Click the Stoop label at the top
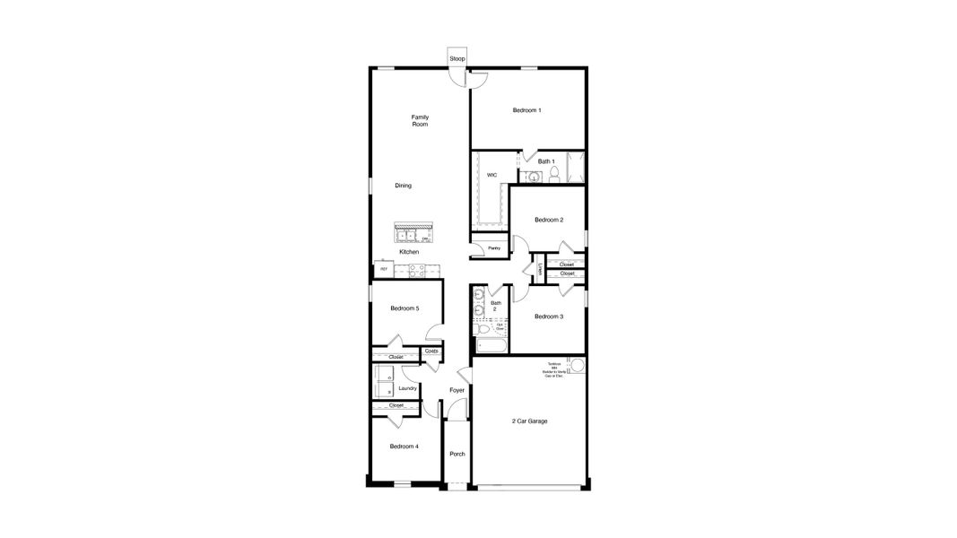point(457,58)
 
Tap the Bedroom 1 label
point(526,110)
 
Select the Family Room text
point(420,121)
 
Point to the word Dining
point(404,186)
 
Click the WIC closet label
point(492,176)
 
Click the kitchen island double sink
point(408,237)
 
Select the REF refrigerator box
point(384,268)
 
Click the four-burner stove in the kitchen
point(416,272)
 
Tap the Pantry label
point(493,248)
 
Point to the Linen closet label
point(540,270)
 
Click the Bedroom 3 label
point(548,317)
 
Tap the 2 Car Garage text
point(529,421)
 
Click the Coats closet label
point(431,351)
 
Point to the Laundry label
point(407,388)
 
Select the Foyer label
point(457,390)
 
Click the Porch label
point(457,454)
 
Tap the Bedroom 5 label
point(405,308)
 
